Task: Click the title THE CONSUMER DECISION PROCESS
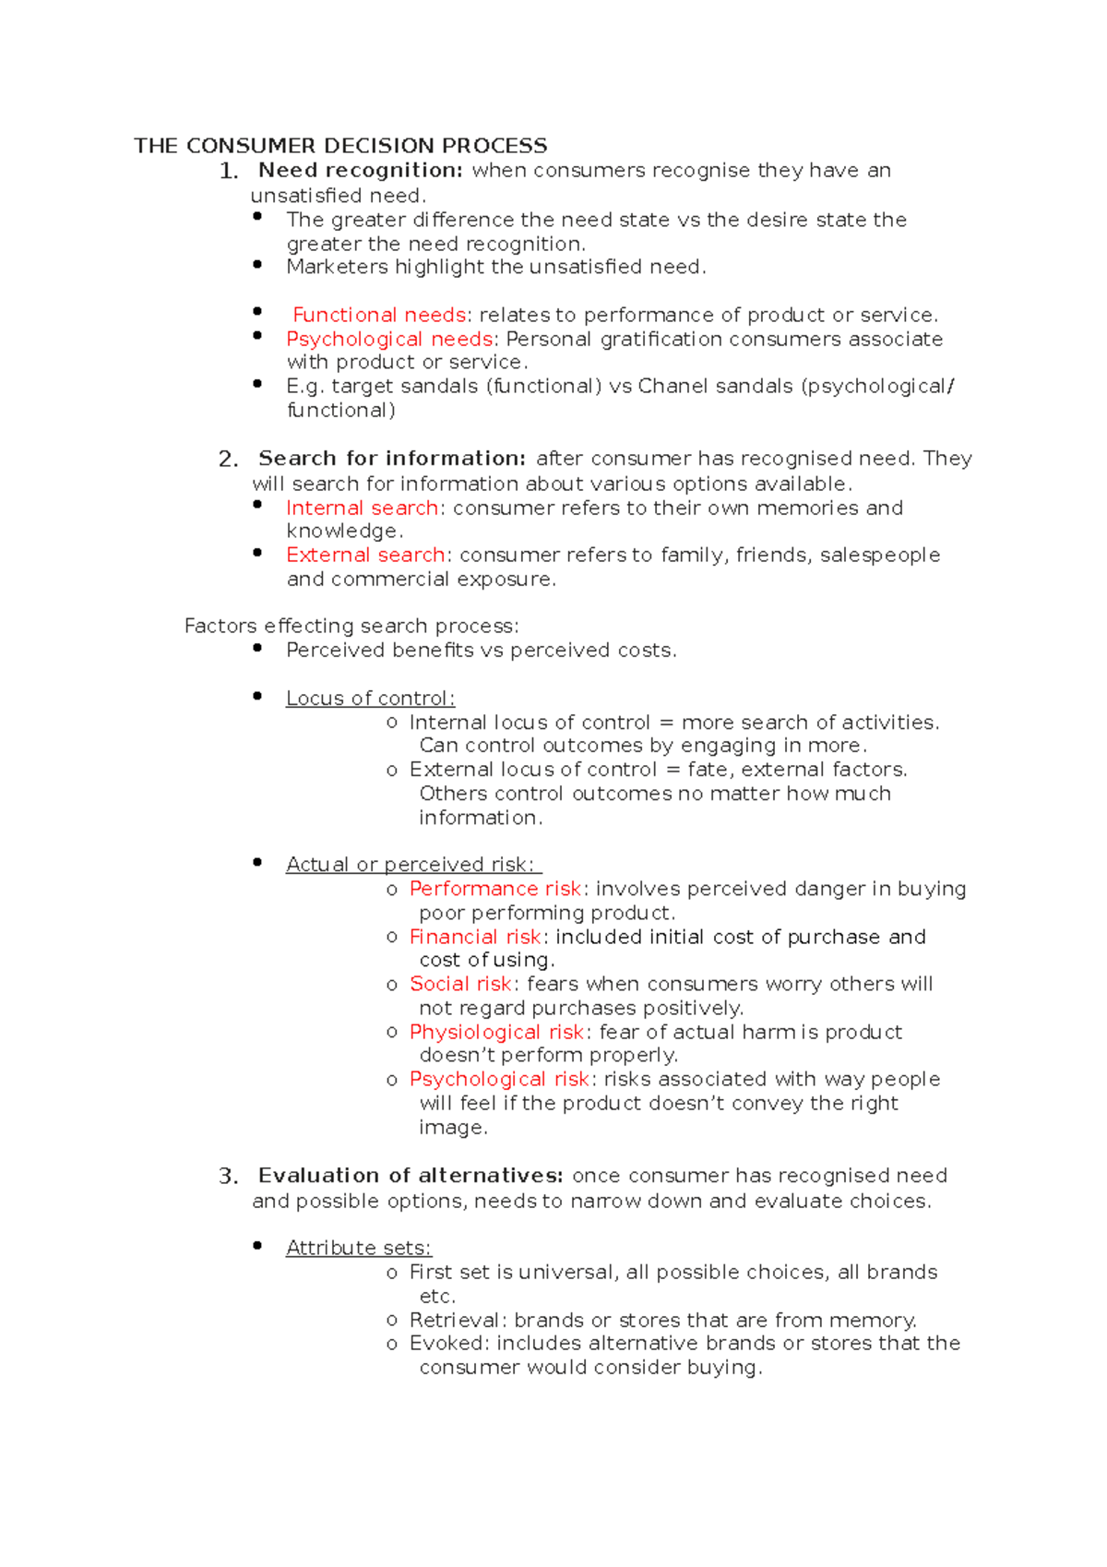340,146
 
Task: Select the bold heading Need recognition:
360,170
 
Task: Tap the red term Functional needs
379,315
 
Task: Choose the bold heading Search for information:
392,459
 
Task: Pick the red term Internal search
362,508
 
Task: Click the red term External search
365,555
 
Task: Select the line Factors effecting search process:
351,626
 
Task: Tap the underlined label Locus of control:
370,699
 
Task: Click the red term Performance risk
495,889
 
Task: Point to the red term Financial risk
475,937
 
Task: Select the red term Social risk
460,984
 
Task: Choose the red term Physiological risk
496,1032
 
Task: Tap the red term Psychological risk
499,1079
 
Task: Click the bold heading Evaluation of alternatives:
411,1176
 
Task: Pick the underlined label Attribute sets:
358,1248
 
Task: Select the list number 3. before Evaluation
228,1177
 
